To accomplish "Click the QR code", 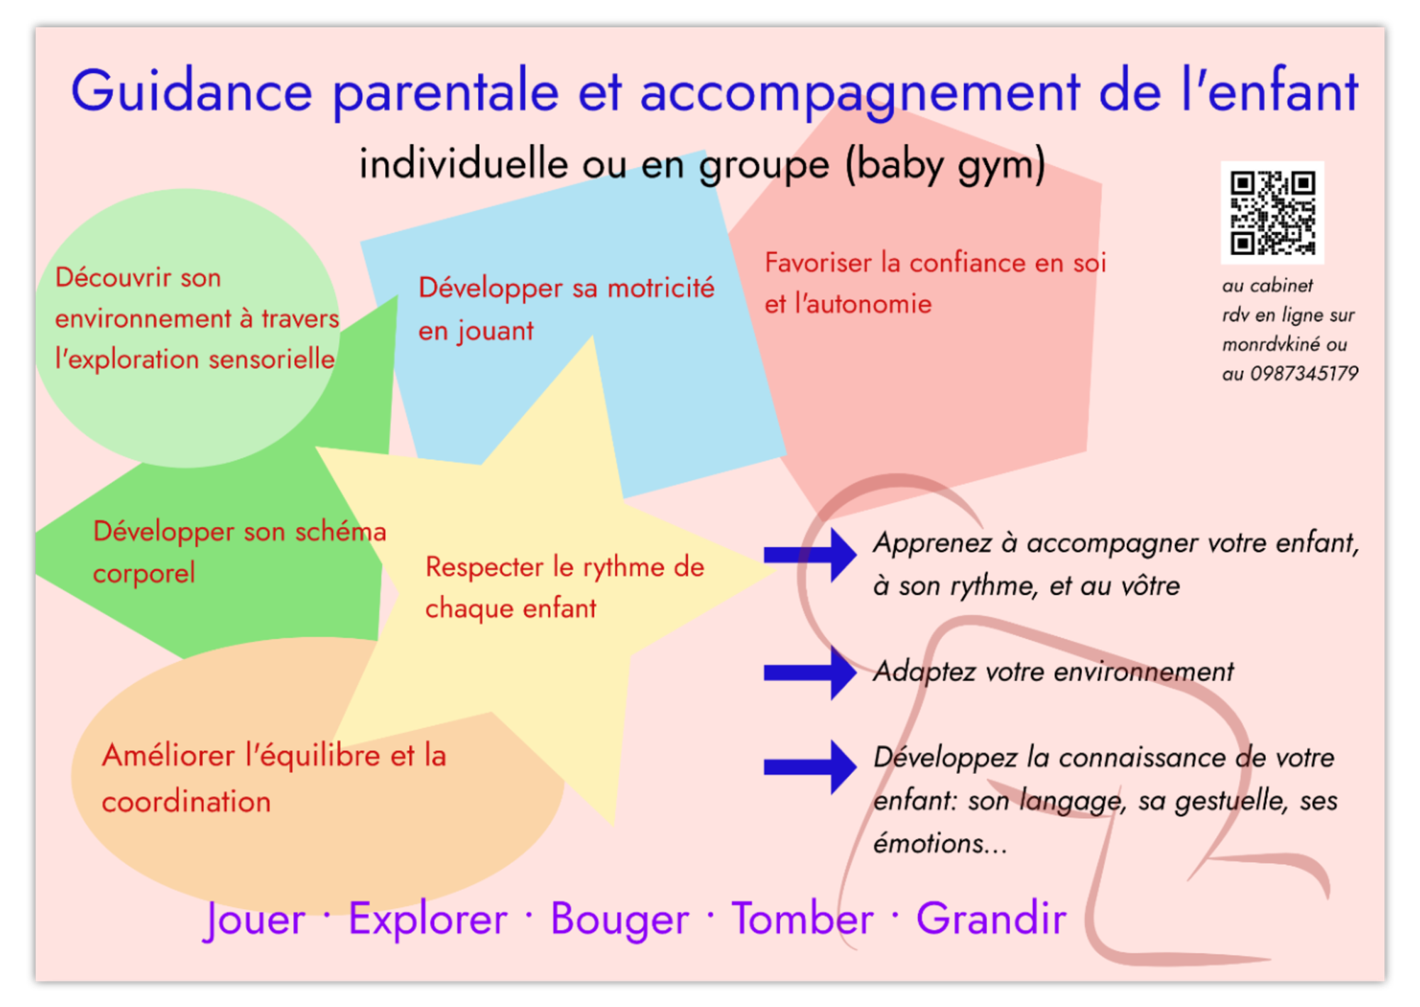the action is tap(1272, 212).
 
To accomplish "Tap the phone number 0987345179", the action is tap(1304, 374).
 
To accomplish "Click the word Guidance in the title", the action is tap(192, 92).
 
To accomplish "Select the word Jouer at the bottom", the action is tap(255, 920).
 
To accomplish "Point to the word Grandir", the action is tap(991, 918).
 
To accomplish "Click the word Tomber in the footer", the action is tap(802, 918).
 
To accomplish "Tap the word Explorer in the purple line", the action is tap(428, 920).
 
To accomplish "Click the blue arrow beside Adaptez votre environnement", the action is tap(810, 673).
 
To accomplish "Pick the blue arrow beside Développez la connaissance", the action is tap(810, 767).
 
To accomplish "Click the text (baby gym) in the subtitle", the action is tap(945, 165).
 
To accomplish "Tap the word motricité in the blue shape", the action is tap(661, 288).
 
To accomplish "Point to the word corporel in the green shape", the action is tap(144, 573).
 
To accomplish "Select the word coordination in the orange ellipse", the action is tap(186, 802).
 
